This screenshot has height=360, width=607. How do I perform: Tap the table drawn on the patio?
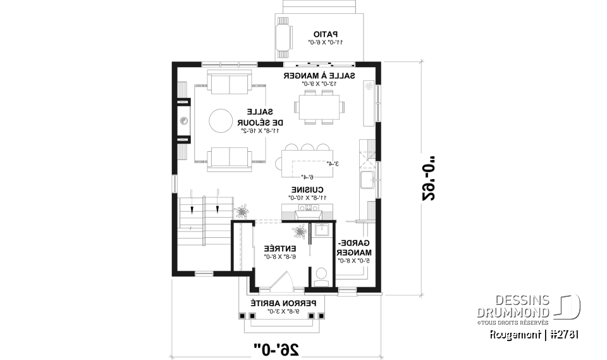(x=283, y=38)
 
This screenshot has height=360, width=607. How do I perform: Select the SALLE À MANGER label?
(x=319, y=76)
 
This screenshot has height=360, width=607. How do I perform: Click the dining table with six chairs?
(x=318, y=106)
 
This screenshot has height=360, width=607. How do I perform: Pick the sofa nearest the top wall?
(x=229, y=83)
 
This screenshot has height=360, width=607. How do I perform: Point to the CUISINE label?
(x=308, y=190)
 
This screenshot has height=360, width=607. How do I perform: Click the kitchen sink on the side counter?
(x=367, y=181)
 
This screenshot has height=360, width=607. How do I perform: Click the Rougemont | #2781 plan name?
(x=535, y=334)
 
